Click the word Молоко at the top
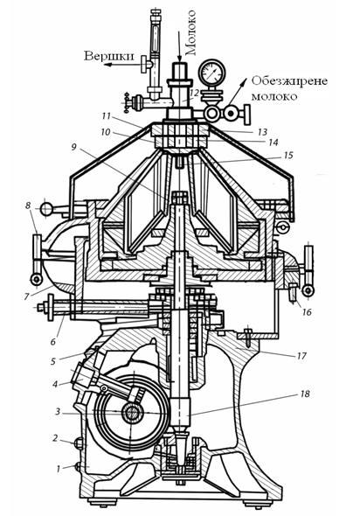point(191,32)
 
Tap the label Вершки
point(109,56)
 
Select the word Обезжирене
point(289,81)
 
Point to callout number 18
point(305,394)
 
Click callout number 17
point(301,356)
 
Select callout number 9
point(73,146)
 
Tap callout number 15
point(288,155)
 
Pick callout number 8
point(29,206)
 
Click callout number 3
point(58,412)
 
